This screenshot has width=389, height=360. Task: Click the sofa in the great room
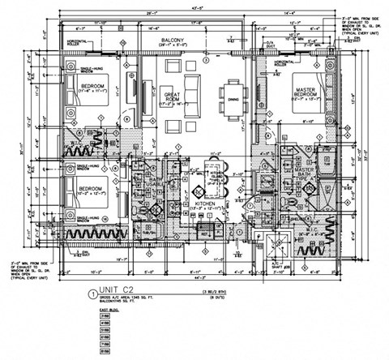(193, 87)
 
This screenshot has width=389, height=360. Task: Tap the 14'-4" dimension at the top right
(290, 14)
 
